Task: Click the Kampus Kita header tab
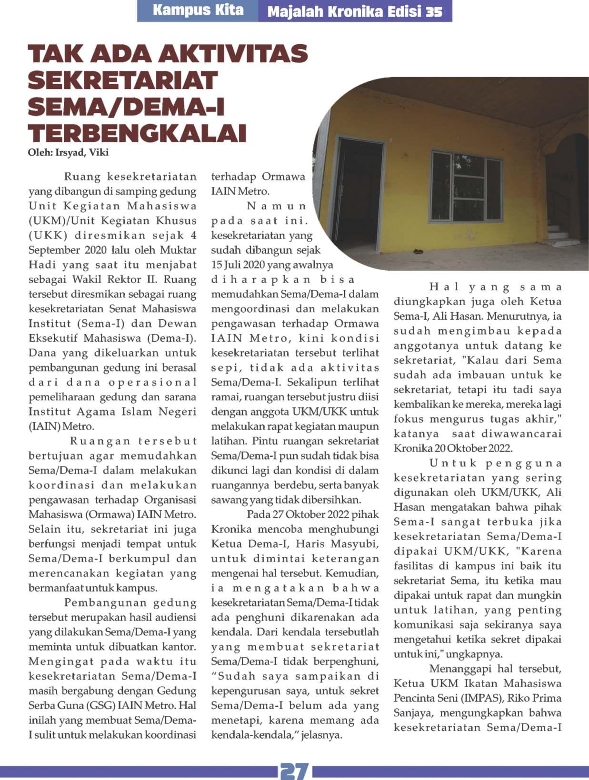(198, 11)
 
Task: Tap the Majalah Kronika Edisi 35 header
(355, 11)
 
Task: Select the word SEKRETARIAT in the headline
(123, 80)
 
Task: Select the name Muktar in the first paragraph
(180, 250)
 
